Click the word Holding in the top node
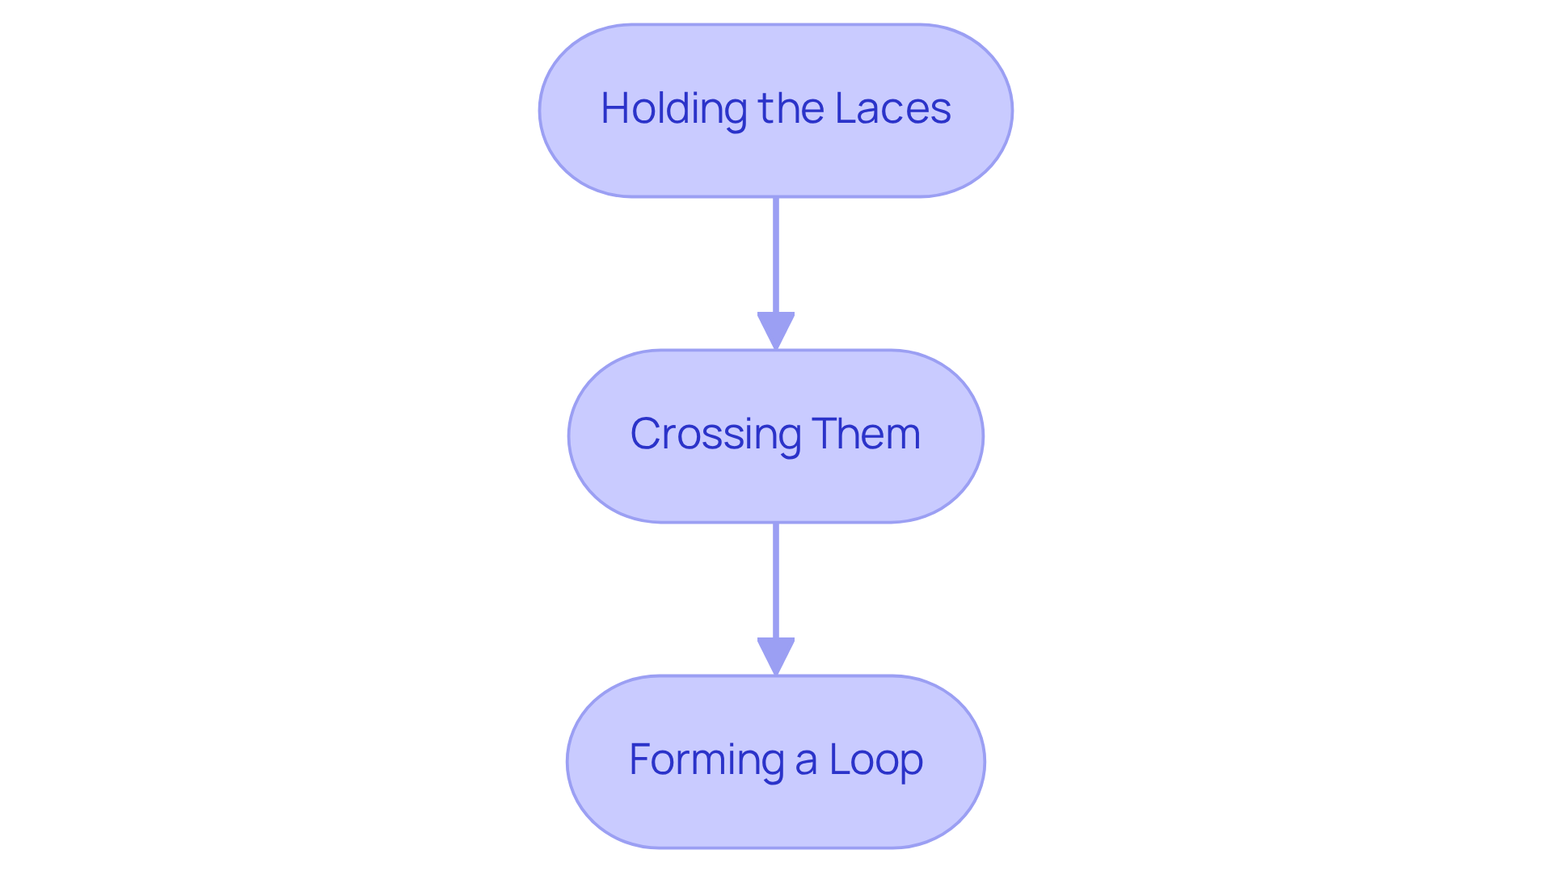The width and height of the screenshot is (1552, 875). tap(673, 108)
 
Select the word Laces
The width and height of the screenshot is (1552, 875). tap(892, 108)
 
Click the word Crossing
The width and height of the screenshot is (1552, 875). tap(715, 435)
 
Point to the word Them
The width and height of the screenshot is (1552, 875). tap(866, 434)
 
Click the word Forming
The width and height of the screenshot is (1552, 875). tap(706, 760)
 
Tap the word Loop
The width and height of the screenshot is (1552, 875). tap(875, 760)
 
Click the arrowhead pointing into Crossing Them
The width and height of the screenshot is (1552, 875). tap(776, 330)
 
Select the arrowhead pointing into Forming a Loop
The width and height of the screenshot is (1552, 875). tap(776, 655)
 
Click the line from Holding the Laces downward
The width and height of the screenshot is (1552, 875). tap(776, 255)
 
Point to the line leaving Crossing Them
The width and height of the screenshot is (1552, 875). tap(776, 580)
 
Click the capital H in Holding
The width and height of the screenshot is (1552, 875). tap(614, 108)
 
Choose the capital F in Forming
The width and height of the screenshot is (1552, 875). tap(640, 759)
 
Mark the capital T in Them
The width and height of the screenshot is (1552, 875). tap(824, 434)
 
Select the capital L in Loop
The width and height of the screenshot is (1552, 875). tap(837, 759)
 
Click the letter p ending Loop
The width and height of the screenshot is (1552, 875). tap(912, 764)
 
